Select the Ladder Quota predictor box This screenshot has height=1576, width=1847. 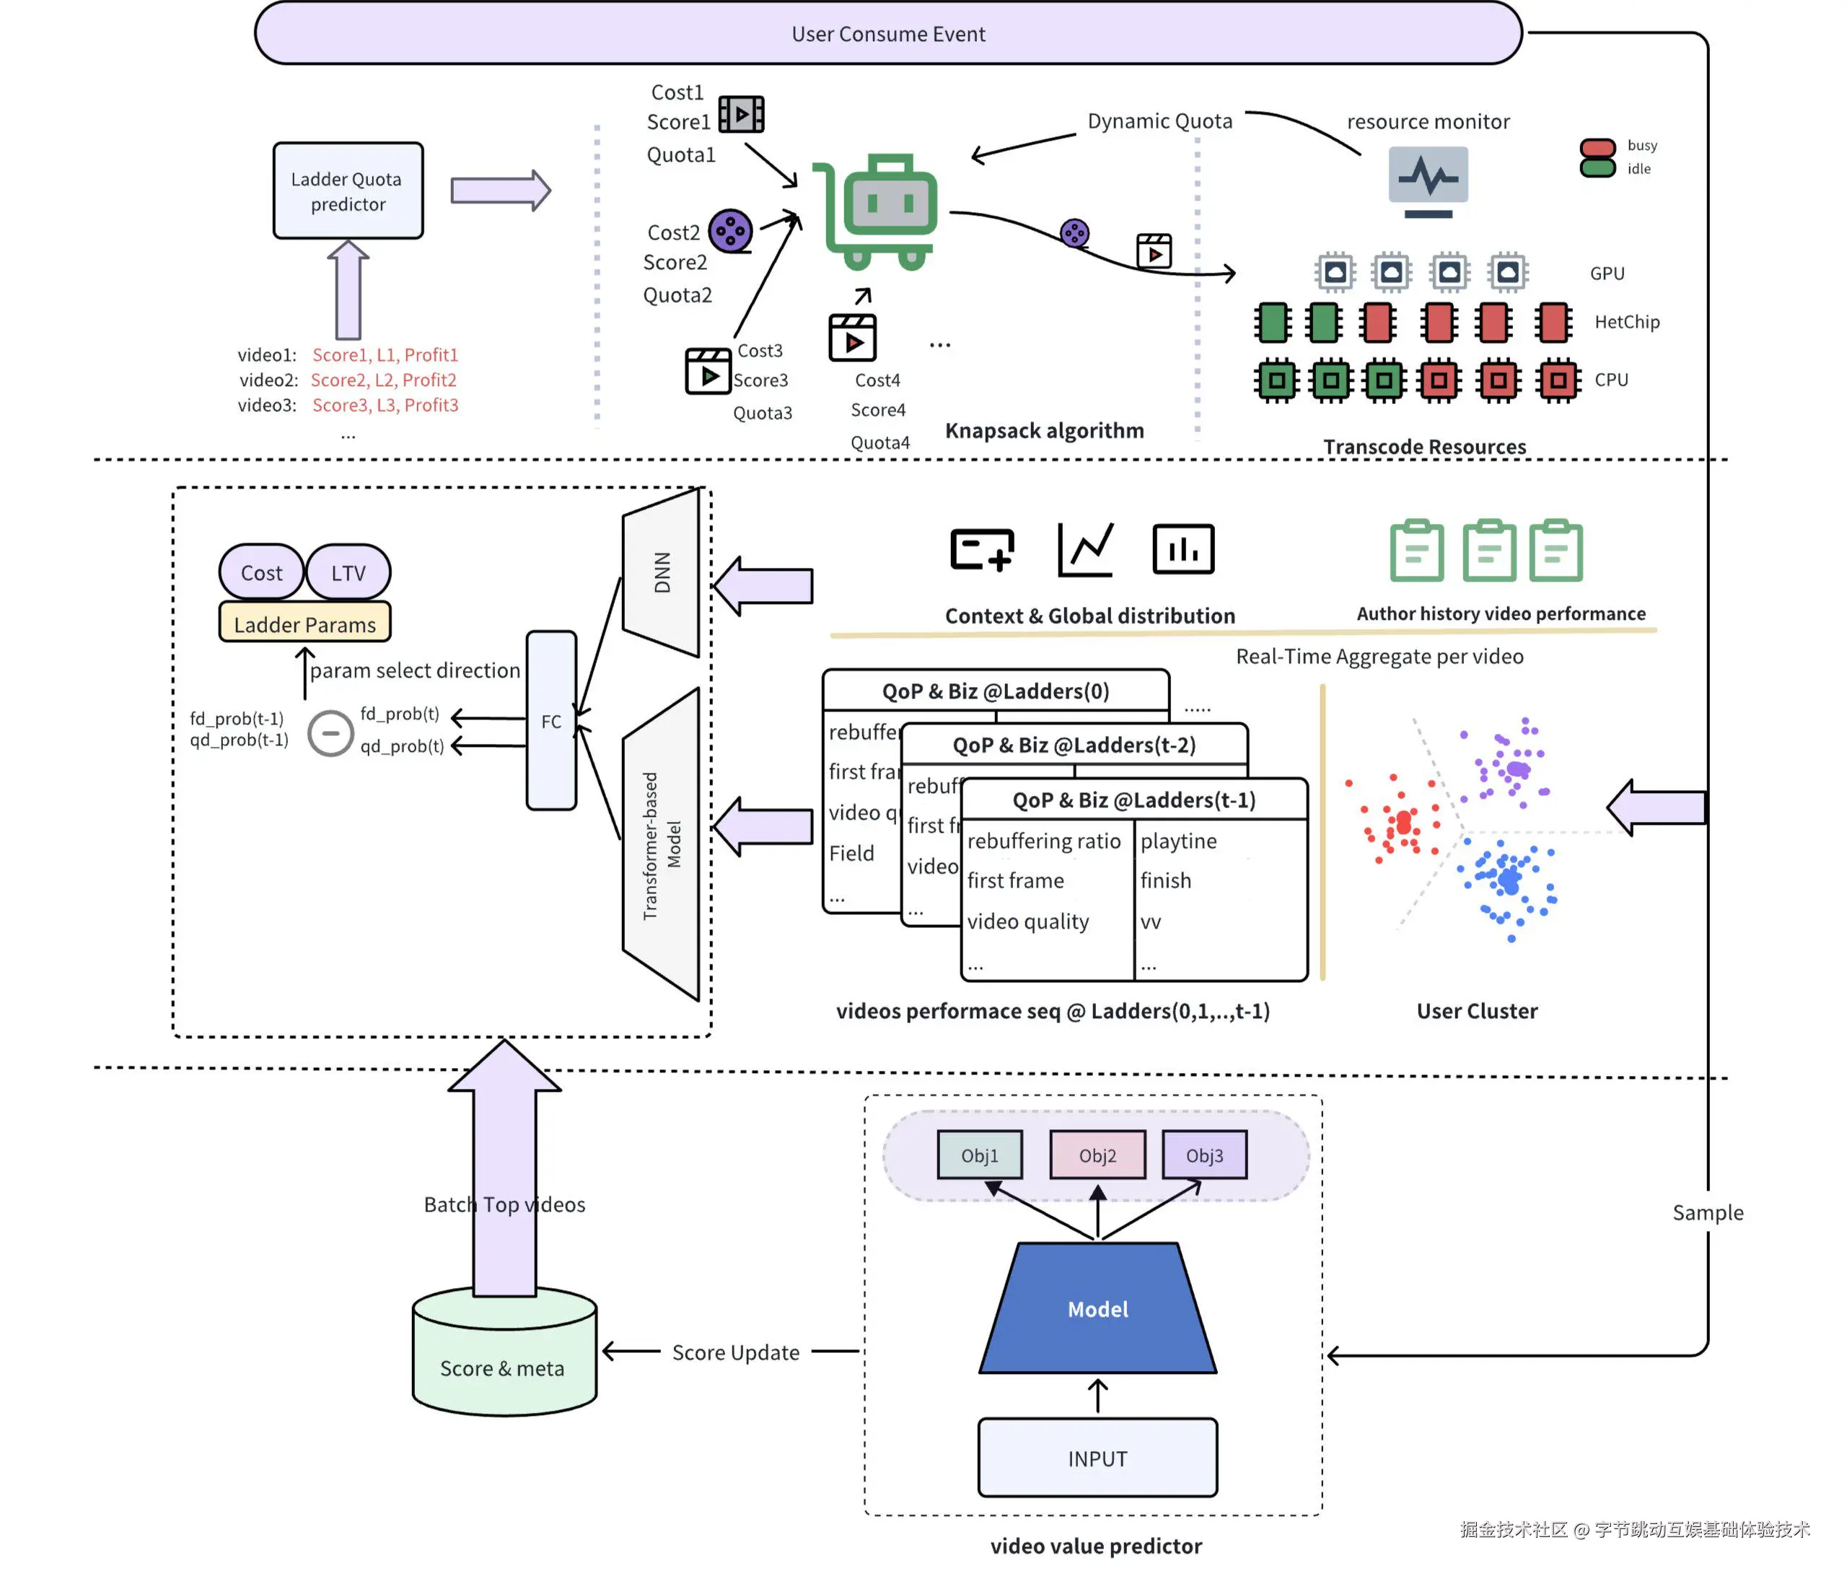pos(348,191)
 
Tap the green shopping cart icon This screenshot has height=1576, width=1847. pos(878,212)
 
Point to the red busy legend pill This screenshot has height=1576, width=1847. pos(1597,148)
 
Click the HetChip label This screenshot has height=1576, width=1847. pos(1626,322)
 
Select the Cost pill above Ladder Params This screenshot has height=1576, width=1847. pos(261,572)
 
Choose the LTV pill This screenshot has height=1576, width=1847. pos(348,572)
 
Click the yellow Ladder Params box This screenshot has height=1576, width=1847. pos(305,624)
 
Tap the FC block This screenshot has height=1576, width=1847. pos(551,720)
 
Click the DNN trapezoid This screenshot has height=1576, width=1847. pos(662,572)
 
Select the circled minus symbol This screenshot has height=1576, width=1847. pos(330,732)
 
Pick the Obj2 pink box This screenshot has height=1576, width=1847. pos(1097,1155)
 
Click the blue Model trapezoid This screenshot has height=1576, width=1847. pos(1097,1308)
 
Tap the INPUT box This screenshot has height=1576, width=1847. pos(1097,1458)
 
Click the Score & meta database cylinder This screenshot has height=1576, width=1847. pos(504,1355)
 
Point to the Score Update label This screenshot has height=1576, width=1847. pos(735,1352)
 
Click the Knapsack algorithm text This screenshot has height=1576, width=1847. pos(1044,431)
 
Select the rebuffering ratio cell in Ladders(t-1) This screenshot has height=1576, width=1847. pos(1043,841)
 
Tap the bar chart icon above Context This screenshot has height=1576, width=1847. pos(1183,549)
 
